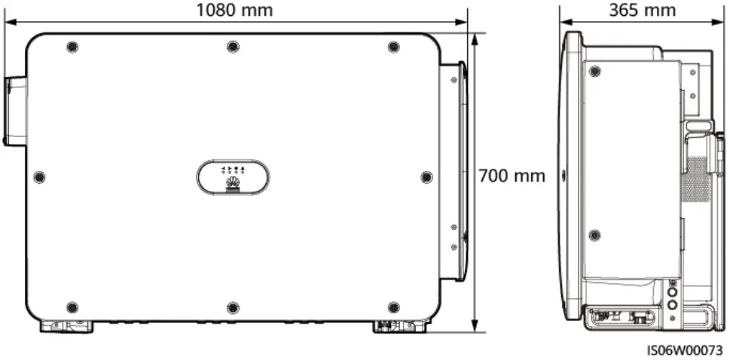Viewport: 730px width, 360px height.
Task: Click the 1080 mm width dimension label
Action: pyautogui.click(x=234, y=11)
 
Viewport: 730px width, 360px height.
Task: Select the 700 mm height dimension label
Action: pyautogui.click(x=512, y=176)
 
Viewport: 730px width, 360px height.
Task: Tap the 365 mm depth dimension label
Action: pyautogui.click(x=642, y=11)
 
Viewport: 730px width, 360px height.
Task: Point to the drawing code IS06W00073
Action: pyautogui.click(x=684, y=350)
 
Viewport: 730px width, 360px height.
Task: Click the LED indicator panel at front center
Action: pyautogui.click(x=233, y=177)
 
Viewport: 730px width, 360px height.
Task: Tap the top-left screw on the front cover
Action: pyautogui.click(x=72, y=47)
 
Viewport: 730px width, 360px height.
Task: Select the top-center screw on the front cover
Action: pyautogui.click(x=233, y=47)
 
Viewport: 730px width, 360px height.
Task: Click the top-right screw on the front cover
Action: pyautogui.click(x=393, y=47)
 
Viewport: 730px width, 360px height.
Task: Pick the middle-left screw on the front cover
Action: pyautogui.click(x=40, y=177)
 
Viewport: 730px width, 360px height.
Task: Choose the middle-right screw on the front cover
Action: pyautogui.click(x=426, y=177)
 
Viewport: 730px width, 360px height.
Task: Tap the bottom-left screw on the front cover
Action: pyautogui.click(x=72, y=307)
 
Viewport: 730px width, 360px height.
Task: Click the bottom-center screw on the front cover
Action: pyautogui.click(x=233, y=307)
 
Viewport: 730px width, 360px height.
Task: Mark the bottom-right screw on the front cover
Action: pyautogui.click(x=393, y=307)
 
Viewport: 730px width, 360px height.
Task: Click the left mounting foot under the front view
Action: pyautogui.click(x=66, y=326)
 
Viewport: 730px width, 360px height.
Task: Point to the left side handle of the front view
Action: pyautogui.click(x=14, y=111)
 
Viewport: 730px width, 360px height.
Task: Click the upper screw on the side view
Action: pyautogui.click(x=595, y=72)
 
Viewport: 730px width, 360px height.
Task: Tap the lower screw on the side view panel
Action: pyautogui.click(x=594, y=235)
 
